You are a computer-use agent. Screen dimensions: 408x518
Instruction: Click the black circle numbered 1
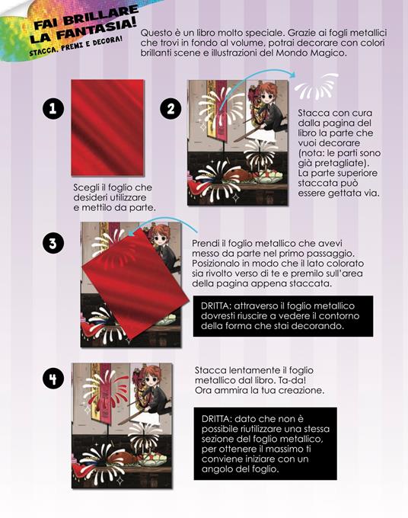(53, 109)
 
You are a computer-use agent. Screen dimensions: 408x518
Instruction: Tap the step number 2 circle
(171, 109)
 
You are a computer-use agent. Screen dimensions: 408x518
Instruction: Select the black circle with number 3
(53, 244)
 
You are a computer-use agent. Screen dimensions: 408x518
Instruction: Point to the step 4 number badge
(53, 379)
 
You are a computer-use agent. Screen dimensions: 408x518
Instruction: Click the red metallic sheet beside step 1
(107, 127)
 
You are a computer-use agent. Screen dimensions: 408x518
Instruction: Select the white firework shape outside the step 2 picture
(316, 87)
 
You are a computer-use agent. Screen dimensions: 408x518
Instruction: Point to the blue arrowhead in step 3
(131, 233)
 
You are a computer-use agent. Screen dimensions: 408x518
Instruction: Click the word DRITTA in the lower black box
(216, 419)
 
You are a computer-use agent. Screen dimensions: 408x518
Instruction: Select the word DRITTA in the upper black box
(215, 306)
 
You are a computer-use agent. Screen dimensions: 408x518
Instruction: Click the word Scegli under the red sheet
(84, 188)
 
